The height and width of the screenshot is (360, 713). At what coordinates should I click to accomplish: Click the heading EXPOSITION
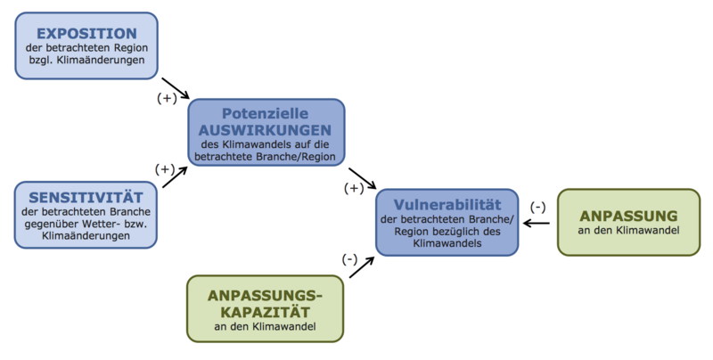pyautogui.click(x=86, y=32)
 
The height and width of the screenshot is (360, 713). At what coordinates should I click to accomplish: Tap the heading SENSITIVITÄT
pyautogui.click(x=86, y=196)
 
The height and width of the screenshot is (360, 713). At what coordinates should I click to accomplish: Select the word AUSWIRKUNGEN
pyautogui.click(x=265, y=129)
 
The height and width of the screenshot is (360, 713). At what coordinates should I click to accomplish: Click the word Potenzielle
pyautogui.click(x=265, y=114)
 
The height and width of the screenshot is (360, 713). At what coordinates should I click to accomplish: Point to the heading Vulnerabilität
pyautogui.click(x=447, y=202)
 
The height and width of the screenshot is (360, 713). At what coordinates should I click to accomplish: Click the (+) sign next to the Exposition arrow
pyautogui.click(x=167, y=99)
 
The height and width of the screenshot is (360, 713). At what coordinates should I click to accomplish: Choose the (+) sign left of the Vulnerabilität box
pyautogui.click(x=354, y=188)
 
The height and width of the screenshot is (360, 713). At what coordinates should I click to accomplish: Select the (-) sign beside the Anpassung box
pyautogui.click(x=537, y=207)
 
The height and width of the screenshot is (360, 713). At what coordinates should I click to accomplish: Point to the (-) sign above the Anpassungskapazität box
pyautogui.click(x=348, y=258)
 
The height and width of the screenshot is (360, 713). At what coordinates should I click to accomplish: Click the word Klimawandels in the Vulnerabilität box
pyautogui.click(x=447, y=242)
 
